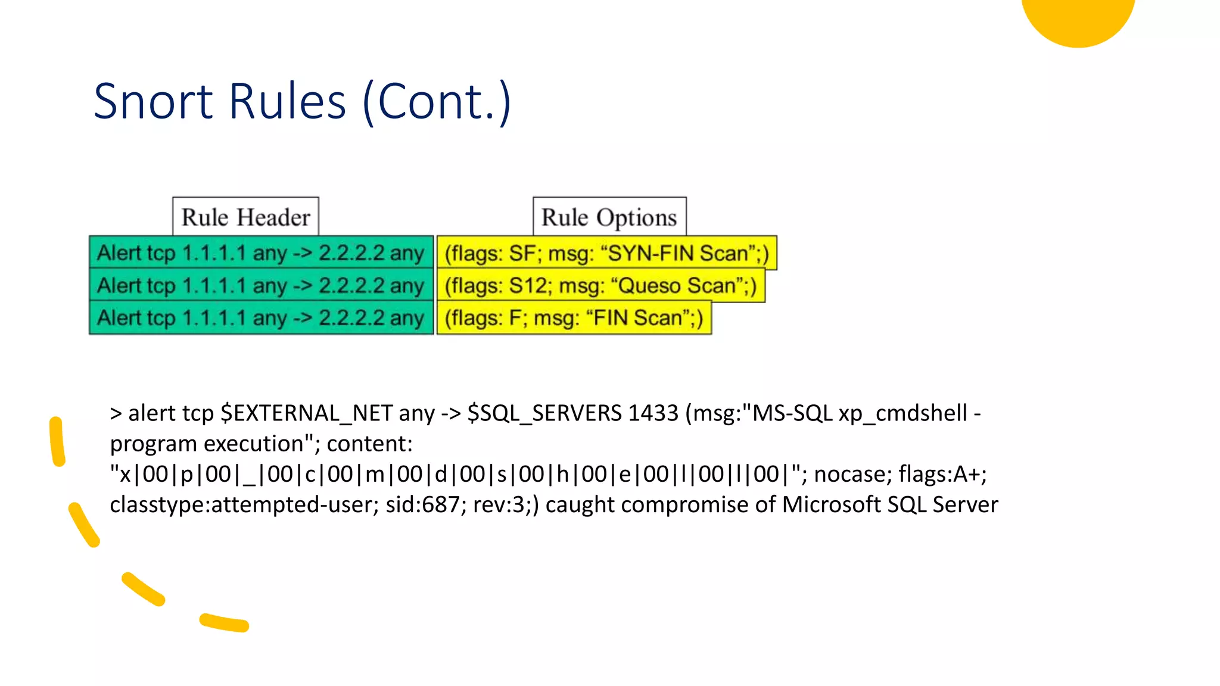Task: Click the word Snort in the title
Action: coord(153,101)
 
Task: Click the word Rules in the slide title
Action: coord(287,101)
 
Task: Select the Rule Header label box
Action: coord(245,217)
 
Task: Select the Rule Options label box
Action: coord(609,217)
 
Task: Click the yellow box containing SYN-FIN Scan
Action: coord(606,253)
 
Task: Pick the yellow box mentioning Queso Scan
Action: coord(600,286)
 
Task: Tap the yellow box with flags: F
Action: coord(574,318)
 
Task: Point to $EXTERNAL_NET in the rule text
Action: coord(306,413)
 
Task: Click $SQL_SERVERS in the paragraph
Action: coord(544,413)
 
